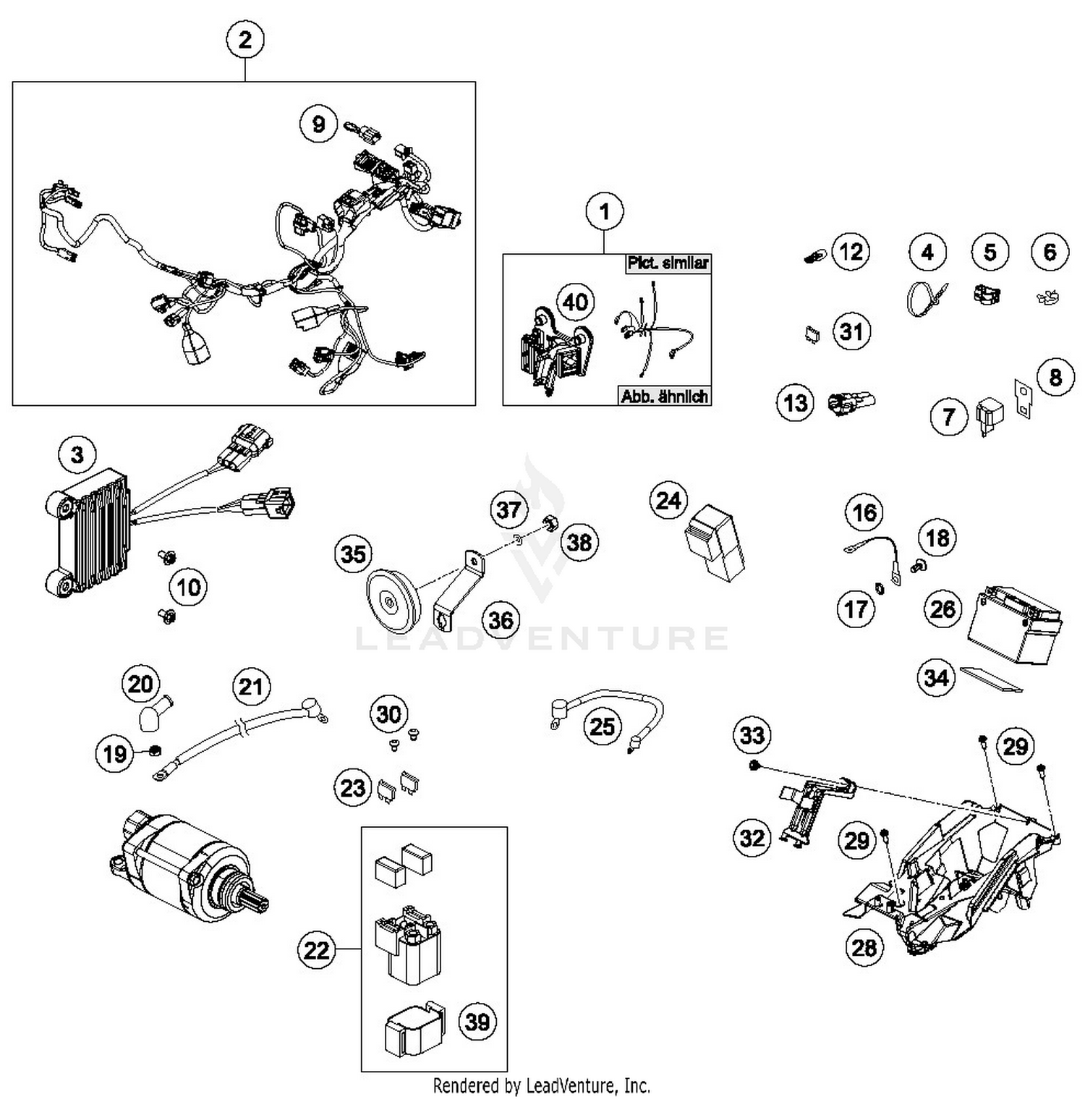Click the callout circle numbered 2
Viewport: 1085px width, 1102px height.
coord(244,39)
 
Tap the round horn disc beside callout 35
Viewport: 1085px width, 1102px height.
coord(393,601)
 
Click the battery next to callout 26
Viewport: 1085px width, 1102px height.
coord(1016,627)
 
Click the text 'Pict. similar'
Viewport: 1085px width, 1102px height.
coord(667,263)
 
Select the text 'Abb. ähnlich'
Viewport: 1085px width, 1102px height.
coord(664,396)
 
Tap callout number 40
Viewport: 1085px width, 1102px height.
coord(575,302)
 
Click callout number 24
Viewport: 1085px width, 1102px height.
coord(668,501)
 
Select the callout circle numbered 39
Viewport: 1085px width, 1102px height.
coord(477,1022)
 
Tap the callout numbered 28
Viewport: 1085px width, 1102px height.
coord(864,947)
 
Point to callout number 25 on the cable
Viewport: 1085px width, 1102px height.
coord(603,726)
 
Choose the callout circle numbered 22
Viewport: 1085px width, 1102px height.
coord(316,949)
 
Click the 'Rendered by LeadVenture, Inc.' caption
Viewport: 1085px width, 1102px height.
coord(541,1085)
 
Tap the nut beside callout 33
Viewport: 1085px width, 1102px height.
coord(754,766)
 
